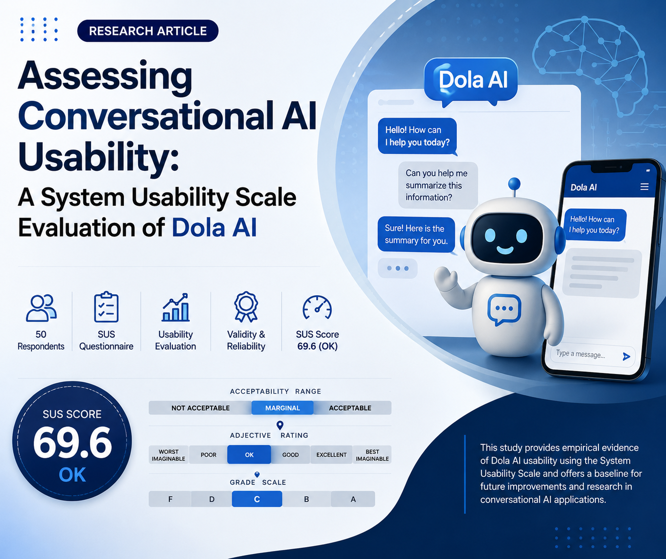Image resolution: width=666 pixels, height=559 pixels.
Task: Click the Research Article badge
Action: point(148,31)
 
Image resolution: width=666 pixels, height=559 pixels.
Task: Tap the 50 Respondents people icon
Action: point(41,307)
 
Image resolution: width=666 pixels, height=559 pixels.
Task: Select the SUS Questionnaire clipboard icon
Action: point(106,307)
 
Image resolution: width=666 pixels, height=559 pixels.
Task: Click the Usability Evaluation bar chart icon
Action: point(176,307)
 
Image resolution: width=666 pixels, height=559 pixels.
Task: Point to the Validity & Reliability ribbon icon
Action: point(246,307)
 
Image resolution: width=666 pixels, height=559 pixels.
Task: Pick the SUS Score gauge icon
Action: point(317,307)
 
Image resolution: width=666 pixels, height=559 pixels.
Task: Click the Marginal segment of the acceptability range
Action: point(282,408)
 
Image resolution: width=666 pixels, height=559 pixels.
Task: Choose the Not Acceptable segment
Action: point(200,408)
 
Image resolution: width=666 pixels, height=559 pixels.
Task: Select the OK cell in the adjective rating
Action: point(249,454)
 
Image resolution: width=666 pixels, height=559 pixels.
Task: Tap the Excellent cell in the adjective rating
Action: point(331,454)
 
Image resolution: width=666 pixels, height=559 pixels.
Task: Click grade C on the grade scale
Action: point(257,499)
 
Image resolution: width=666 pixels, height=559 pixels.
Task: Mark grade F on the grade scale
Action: point(170,499)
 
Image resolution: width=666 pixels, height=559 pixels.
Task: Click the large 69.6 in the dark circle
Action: point(72,443)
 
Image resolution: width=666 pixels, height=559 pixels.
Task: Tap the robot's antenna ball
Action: point(514,184)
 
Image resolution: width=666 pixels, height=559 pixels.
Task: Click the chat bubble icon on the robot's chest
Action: point(504,309)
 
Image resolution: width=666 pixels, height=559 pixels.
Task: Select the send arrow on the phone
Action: point(626,357)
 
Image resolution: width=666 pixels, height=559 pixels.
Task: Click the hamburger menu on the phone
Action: point(644,187)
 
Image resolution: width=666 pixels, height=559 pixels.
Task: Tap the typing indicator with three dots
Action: point(397,269)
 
